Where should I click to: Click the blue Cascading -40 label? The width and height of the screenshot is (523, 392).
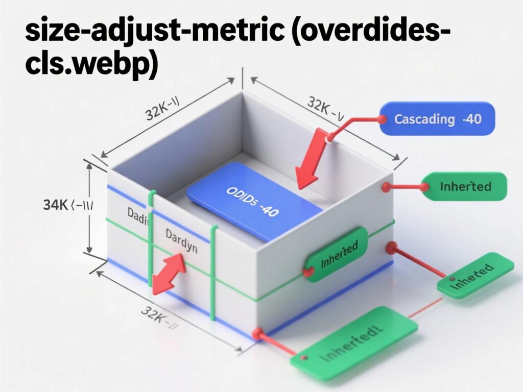point(437,119)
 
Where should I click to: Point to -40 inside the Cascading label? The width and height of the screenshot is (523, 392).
point(471,119)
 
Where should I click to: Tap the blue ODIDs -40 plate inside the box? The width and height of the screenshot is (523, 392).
point(254,201)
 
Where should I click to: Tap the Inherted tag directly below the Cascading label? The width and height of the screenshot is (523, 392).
point(465,186)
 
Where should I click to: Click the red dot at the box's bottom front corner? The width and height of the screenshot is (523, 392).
point(257,334)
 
